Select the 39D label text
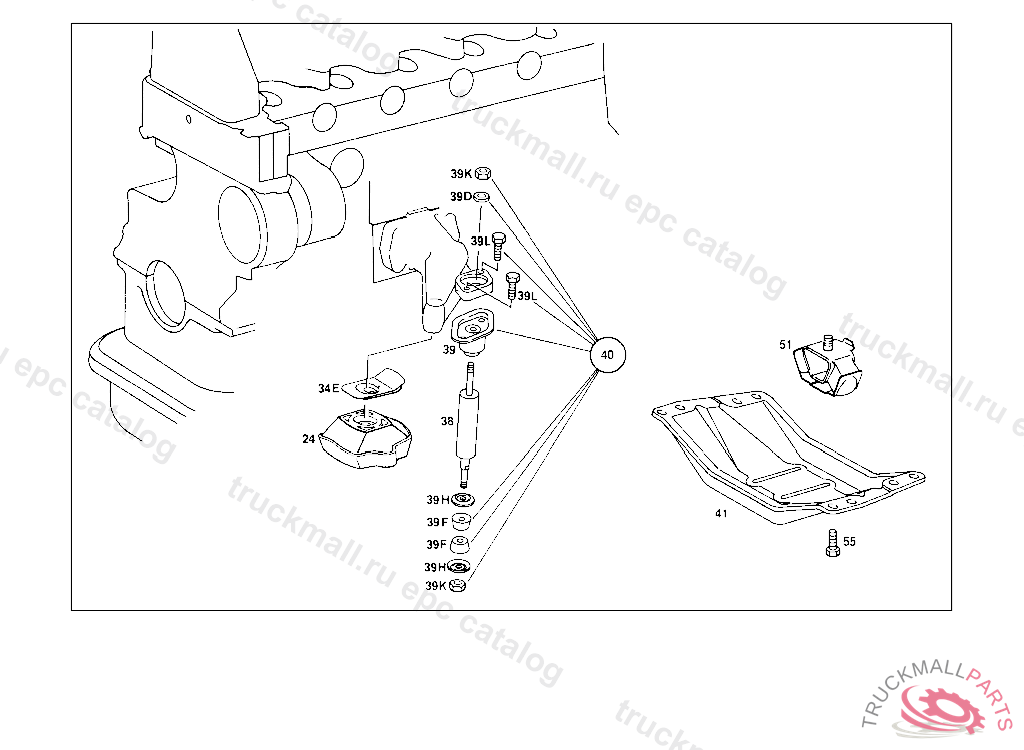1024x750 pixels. [x=460, y=196]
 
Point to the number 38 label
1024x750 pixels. [x=447, y=422]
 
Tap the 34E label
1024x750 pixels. [x=329, y=388]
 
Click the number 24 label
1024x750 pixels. [x=309, y=438]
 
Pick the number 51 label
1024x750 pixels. [x=786, y=345]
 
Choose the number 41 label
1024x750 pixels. [x=721, y=514]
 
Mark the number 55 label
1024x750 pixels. [x=849, y=542]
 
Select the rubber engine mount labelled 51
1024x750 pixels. [x=825, y=367]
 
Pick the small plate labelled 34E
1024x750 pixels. [x=372, y=381]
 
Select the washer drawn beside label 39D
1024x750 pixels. [x=481, y=196]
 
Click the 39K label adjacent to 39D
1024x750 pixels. [x=460, y=174]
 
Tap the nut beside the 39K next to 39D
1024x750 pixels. [x=481, y=174]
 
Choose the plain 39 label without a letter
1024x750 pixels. [x=449, y=350]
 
